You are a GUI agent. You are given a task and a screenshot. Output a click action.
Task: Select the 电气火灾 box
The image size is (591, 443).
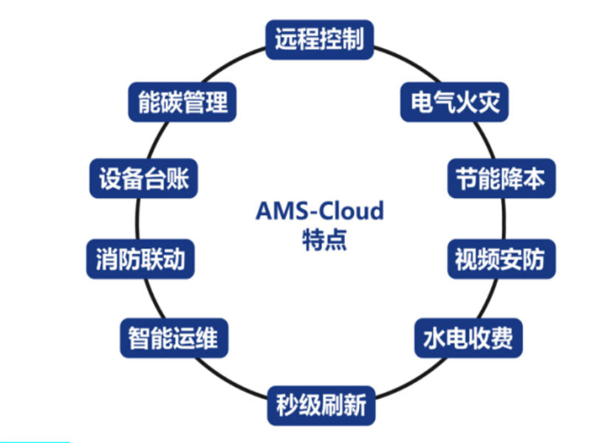click(x=455, y=101)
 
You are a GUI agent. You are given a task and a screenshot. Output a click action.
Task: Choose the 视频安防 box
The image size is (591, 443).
click(x=502, y=259)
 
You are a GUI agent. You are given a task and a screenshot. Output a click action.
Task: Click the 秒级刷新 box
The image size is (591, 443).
click(x=320, y=405)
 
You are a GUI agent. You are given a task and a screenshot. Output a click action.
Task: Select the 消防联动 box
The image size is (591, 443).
click(x=140, y=259)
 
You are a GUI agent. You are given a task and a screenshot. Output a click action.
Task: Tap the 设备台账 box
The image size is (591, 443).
click(x=143, y=179)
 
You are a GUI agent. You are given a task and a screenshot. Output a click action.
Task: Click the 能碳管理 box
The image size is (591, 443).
click(x=183, y=101)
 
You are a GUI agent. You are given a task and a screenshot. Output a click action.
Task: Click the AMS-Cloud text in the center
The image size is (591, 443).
click(x=319, y=211)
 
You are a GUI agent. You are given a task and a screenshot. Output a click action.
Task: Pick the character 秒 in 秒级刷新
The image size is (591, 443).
click(x=287, y=405)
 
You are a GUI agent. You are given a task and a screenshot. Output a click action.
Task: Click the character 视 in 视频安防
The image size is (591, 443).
click(x=468, y=259)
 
